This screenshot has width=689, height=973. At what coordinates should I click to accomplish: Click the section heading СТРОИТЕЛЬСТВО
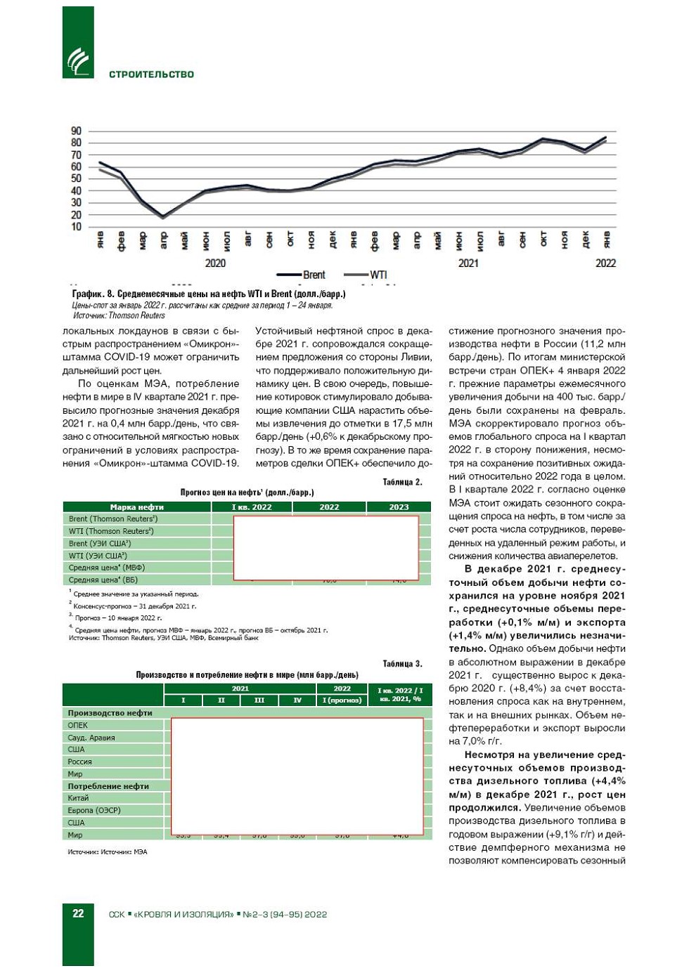[x=151, y=74]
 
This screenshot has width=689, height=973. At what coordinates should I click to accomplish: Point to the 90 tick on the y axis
[x=76, y=131]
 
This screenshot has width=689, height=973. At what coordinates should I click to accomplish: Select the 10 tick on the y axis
[x=76, y=227]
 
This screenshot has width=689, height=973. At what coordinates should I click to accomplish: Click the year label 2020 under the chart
[x=215, y=263]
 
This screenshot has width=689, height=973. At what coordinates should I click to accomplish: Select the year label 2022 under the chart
[x=605, y=263]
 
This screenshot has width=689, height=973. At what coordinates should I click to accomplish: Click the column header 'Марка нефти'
[x=137, y=507]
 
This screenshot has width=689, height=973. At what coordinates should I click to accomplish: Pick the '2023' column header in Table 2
[x=399, y=507]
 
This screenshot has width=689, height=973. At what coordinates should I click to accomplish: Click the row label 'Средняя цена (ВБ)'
[x=103, y=580]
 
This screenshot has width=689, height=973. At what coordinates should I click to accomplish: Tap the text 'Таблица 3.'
[x=402, y=664]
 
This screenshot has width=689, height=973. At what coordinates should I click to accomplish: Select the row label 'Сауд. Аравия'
[x=91, y=738]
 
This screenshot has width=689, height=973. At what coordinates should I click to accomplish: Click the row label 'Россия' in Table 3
[x=80, y=762]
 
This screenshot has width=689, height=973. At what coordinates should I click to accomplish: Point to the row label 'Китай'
[x=79, y=798]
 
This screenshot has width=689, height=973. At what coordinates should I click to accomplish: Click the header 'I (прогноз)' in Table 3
[x=342, y=700]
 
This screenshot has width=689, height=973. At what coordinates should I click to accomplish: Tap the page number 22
[x=78, y=913]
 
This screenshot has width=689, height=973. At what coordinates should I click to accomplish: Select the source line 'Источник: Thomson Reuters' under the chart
[x=119, y=315]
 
